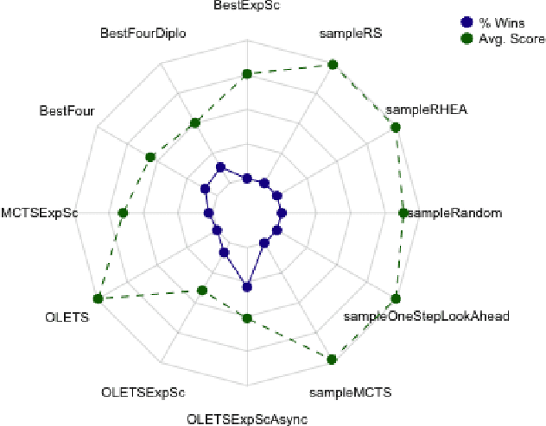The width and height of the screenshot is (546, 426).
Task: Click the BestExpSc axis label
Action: (x=247, y=5)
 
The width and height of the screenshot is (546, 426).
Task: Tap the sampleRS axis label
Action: (x=351, y=34)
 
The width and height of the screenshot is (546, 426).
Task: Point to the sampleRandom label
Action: (x=454, y=213)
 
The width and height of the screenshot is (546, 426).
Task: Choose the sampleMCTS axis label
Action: (x=351, y=392)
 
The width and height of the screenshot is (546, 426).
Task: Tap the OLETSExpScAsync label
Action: (x=247, y=419)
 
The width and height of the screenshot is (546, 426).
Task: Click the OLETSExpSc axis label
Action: (x=143, y=392)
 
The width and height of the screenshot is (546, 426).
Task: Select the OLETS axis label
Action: (x=63, y=316)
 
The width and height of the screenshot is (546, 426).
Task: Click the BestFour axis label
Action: (x=67, y=110)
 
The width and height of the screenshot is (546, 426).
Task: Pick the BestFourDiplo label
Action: (x=143, y=34)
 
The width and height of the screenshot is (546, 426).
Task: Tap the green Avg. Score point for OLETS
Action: (x=98, y=298)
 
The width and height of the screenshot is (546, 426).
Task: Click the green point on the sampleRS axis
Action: (x=333, y=63)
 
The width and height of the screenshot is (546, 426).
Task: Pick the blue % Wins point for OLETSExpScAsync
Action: (x=246, y=286)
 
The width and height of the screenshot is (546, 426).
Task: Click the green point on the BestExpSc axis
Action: (x=246, y=74)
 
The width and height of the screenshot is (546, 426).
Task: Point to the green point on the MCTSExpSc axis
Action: (x=123, y=212)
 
